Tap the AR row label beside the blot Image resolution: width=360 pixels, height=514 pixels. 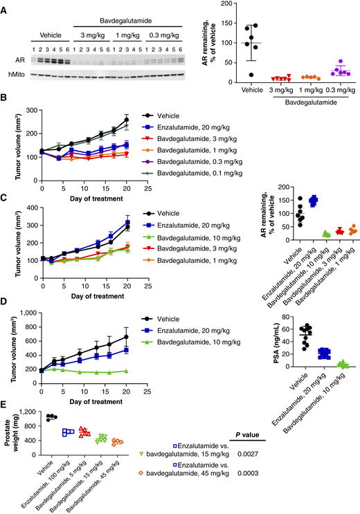(21, 59)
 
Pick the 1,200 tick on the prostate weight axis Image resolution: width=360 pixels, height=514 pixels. (30, 413)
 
